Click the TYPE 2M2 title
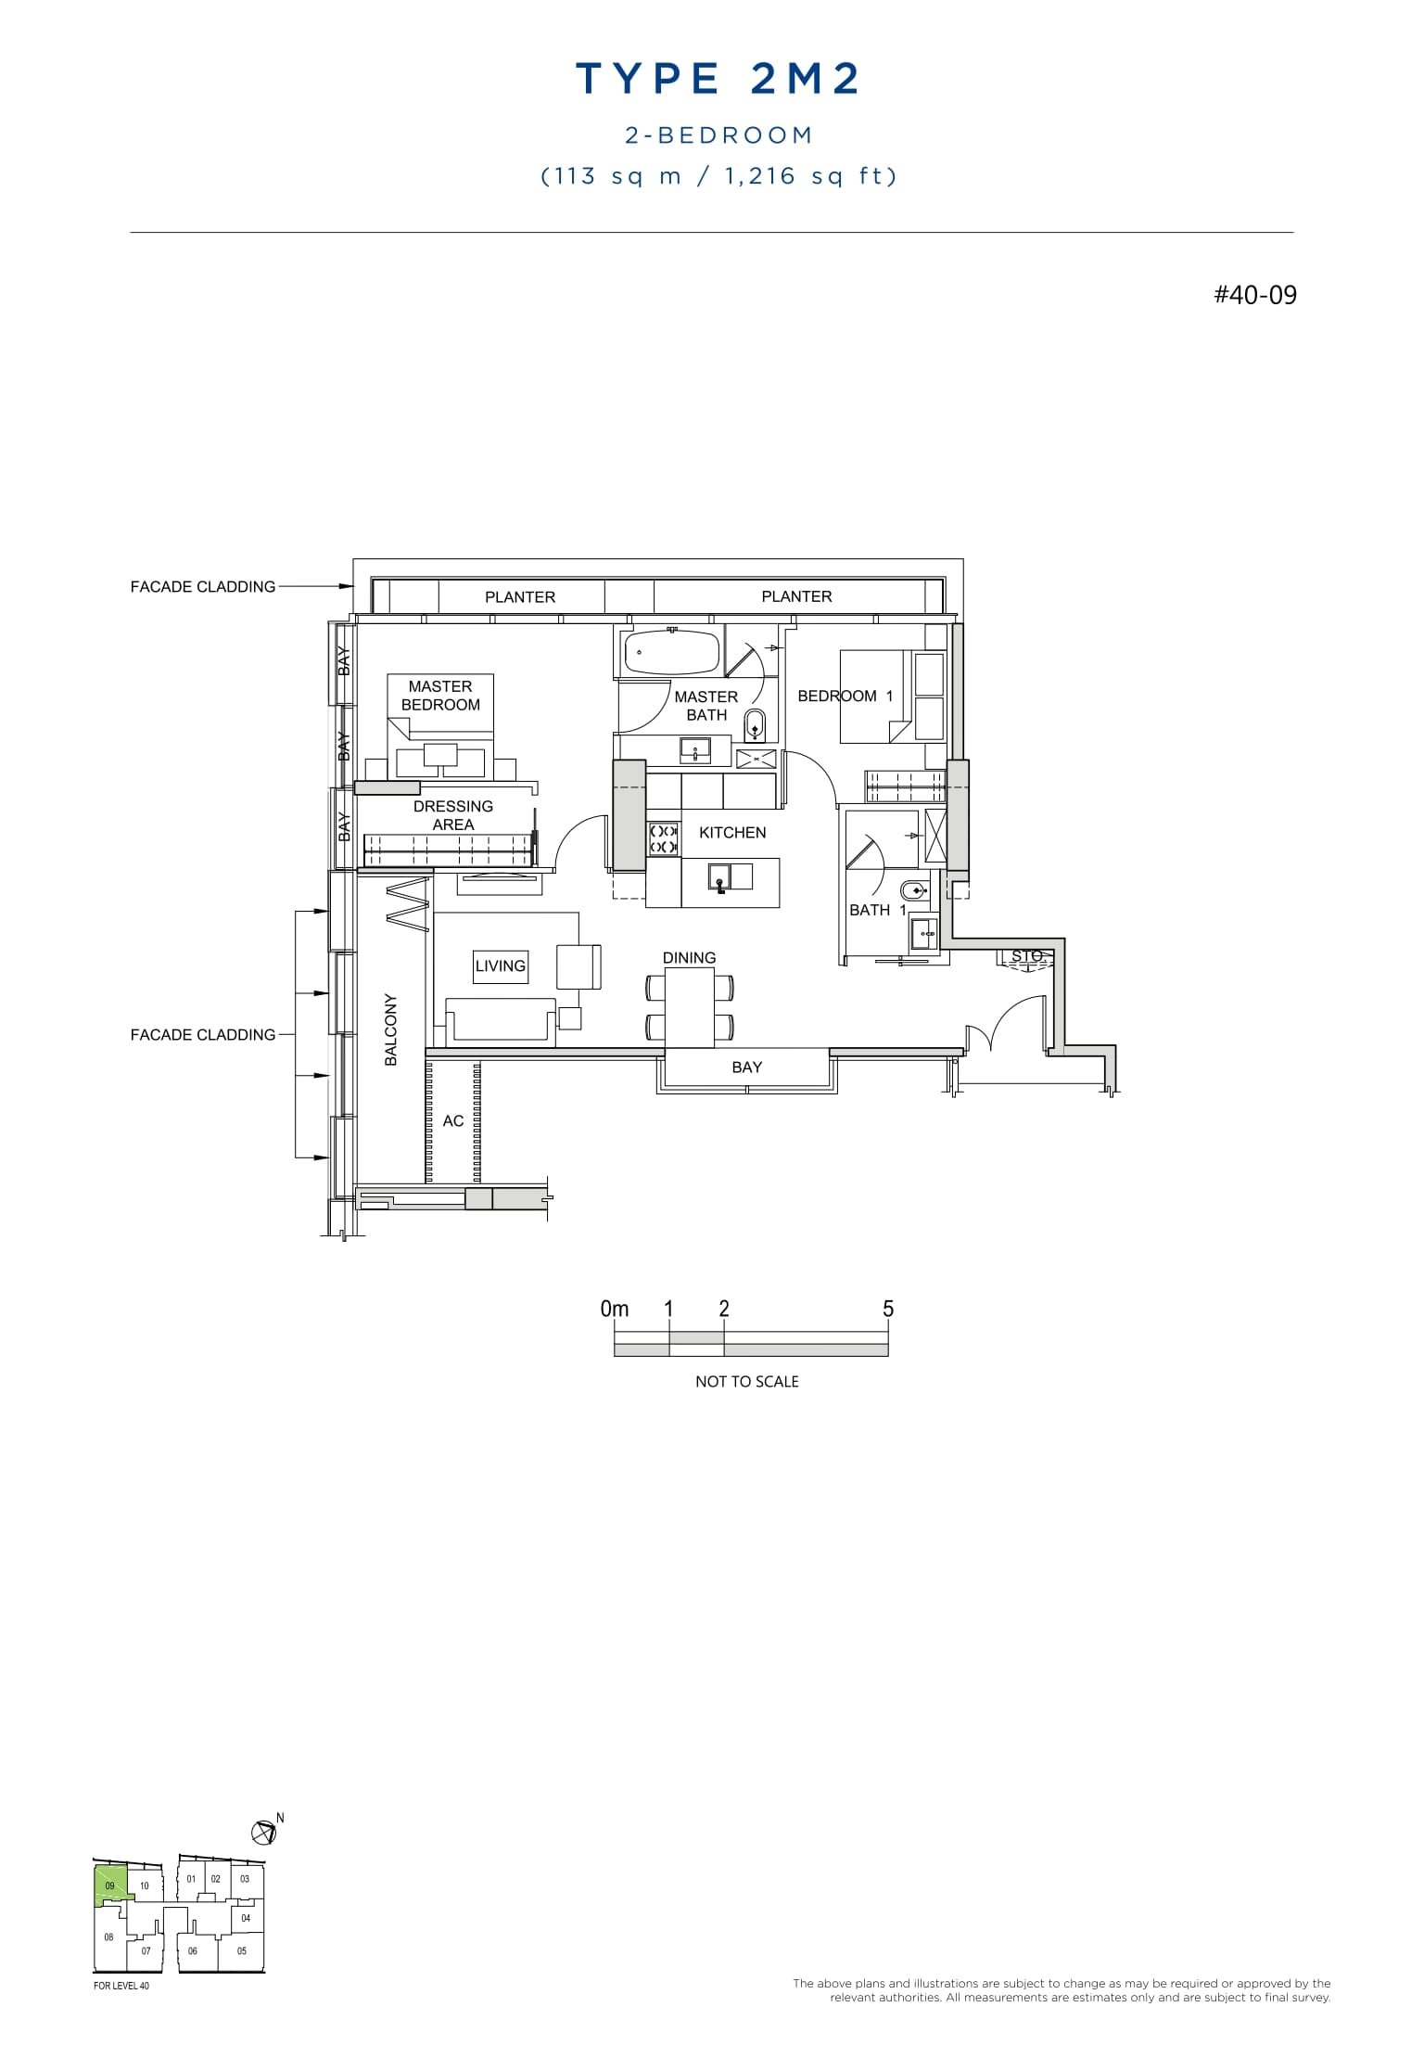[x=718, y=80]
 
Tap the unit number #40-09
[x=1254, y=295]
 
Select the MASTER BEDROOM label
[x=440, y=696]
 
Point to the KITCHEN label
[x=732, y=833]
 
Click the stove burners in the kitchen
[x=664, y=838]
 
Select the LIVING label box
[x=501, y=965]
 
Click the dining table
[x=689, y=1006]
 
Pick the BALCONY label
[x=391, y=1029]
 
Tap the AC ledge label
[x=452, y=1121]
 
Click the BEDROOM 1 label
[x=845, y=697]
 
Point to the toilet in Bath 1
[x=913, y=892]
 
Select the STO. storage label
[x=1026, y=956]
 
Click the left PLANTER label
[x=520, y=597]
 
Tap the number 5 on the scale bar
[x=887, y=1309]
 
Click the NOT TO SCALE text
[x=746, y=1382]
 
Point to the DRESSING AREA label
[x=453, y=815]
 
